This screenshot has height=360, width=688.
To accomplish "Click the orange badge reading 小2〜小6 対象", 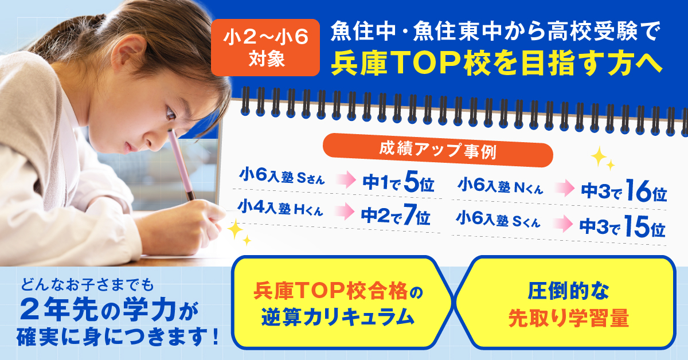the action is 265,48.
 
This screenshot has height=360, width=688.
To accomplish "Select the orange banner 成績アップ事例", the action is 437,150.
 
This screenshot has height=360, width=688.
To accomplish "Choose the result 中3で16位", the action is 624,190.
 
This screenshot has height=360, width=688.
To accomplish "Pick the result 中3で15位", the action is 622,226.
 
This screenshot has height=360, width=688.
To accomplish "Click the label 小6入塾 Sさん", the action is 282,176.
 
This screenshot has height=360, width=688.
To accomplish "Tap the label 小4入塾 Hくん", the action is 280,208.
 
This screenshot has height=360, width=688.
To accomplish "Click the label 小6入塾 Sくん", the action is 498,220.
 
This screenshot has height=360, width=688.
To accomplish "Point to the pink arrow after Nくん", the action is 565,187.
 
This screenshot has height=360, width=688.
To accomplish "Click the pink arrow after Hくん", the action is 345,211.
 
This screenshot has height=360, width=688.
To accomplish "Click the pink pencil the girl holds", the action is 181,165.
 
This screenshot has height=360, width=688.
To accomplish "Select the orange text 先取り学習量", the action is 569,318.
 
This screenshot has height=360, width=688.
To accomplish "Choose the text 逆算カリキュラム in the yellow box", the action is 338,317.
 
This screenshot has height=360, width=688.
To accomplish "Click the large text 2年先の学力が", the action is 110,310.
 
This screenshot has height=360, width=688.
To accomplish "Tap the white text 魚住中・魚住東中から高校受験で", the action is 495,31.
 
